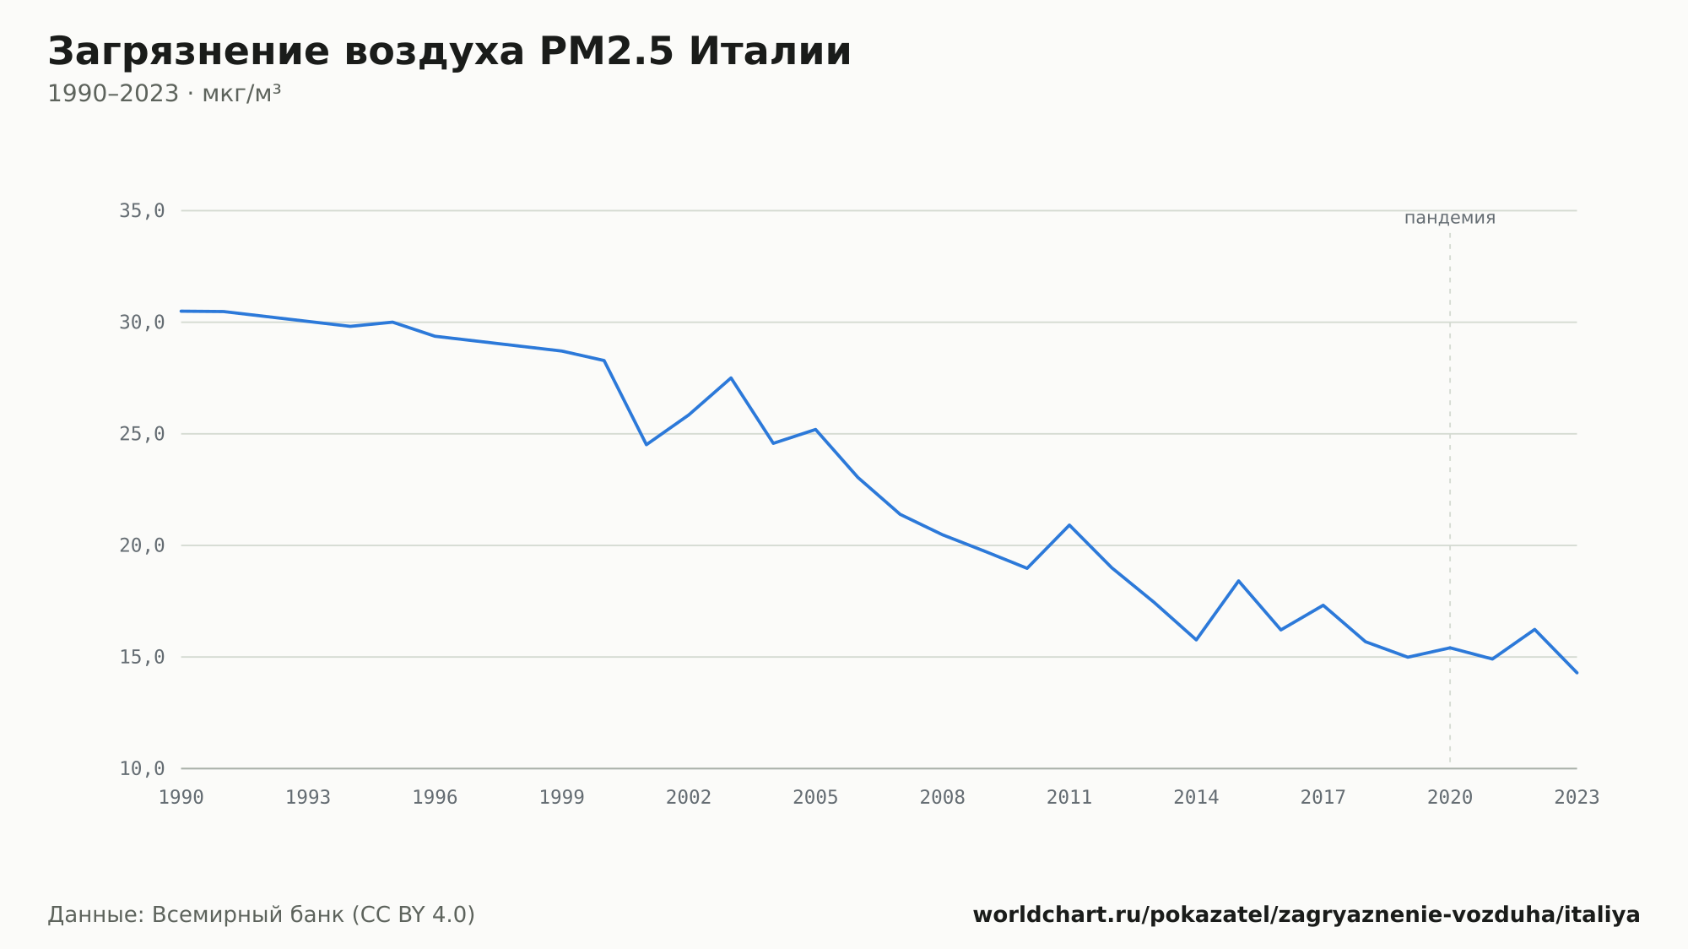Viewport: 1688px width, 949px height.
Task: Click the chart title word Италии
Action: (770, 52)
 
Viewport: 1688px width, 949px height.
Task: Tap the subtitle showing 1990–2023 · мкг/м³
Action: (164, 94)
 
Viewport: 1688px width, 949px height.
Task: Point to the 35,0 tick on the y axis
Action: (142, 211)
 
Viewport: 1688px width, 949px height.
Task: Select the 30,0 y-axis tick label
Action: (142, 323)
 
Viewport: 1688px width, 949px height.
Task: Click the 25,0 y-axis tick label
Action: (142, 434)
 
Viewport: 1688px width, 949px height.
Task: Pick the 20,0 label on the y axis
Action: (142, 545)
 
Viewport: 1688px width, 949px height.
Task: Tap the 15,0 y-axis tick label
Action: (142, 657)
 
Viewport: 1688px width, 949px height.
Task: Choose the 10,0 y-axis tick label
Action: (142, 768)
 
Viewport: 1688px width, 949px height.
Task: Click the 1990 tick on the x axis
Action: (181, 798)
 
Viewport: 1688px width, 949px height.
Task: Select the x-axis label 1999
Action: (562, 798)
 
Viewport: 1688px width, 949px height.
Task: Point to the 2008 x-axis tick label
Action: (943, 798)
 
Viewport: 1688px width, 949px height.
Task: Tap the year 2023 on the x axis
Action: (1577, 798)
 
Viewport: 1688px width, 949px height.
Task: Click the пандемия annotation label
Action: (1450, 218)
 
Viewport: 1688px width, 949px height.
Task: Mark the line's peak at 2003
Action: (731, 377)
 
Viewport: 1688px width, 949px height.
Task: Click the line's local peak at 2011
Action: (1069, 525)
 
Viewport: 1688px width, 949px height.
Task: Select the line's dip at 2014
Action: (1196, 640)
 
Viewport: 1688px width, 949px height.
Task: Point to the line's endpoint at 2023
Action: (1577, 673)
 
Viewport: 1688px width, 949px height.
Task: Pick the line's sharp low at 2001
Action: (647, 445)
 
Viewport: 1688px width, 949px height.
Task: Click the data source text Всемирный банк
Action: (248, 915)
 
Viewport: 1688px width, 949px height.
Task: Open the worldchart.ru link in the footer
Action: (1307, 915)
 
